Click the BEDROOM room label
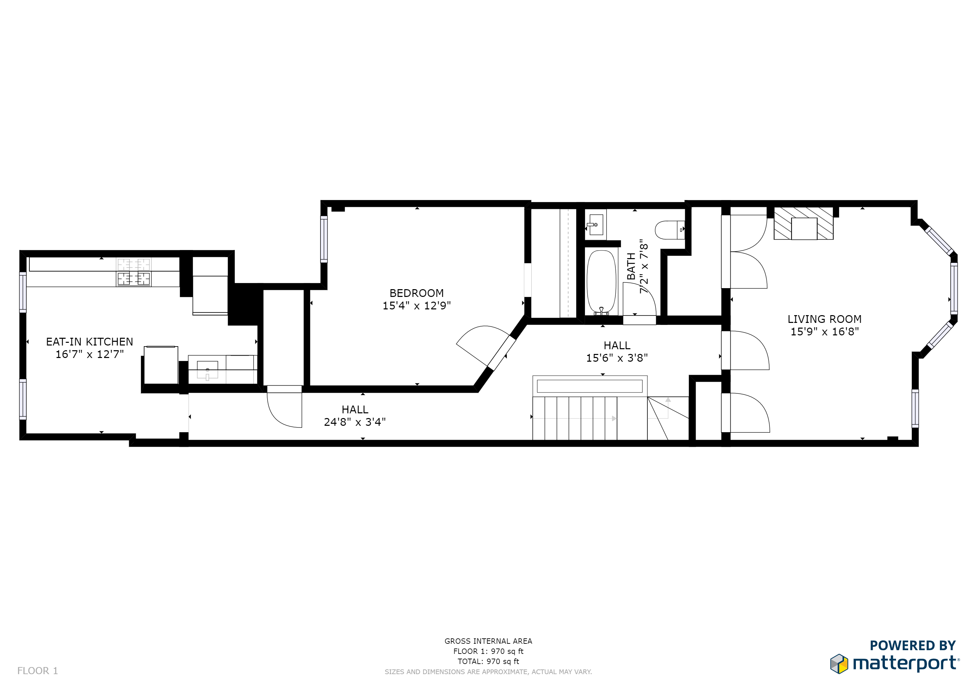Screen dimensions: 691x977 pos(416,293)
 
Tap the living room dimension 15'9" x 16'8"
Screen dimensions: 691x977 pos(824,331)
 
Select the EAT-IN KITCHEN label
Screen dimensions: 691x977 pos(89,342)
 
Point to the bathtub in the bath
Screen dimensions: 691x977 pos(601,281)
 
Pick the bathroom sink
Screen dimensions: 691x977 pos(595,225)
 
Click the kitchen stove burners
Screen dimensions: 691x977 pos(134,272)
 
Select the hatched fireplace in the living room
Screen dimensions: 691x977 pos(803,223)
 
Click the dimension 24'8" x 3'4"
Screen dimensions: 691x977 pos(355,422)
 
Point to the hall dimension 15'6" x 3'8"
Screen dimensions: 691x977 pos(617,358)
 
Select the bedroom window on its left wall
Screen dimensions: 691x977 pos(324,239)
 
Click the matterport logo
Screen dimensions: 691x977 pos(895,663)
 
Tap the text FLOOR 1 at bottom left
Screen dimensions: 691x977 pos(37,670)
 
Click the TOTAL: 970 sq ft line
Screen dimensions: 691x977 pos(488,661)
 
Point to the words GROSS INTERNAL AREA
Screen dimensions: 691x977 pos(488,641)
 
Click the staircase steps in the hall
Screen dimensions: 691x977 pos(575,418)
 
